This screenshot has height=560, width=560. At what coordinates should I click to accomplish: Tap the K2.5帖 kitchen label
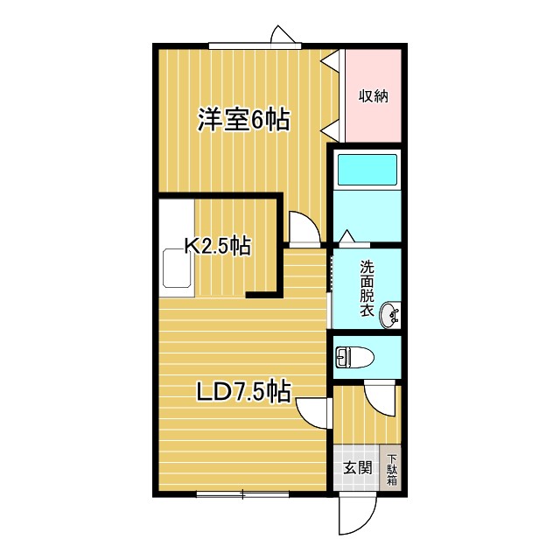(217, 247)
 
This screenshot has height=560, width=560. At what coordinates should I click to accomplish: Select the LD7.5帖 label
(243, 390)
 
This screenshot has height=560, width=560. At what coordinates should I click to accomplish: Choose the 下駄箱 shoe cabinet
(391, 470)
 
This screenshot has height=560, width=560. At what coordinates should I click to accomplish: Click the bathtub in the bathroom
(367, 169)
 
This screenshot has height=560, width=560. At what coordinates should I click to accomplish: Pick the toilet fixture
(354, 357)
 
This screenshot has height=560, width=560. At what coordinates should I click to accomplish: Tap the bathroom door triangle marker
(346, 236)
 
